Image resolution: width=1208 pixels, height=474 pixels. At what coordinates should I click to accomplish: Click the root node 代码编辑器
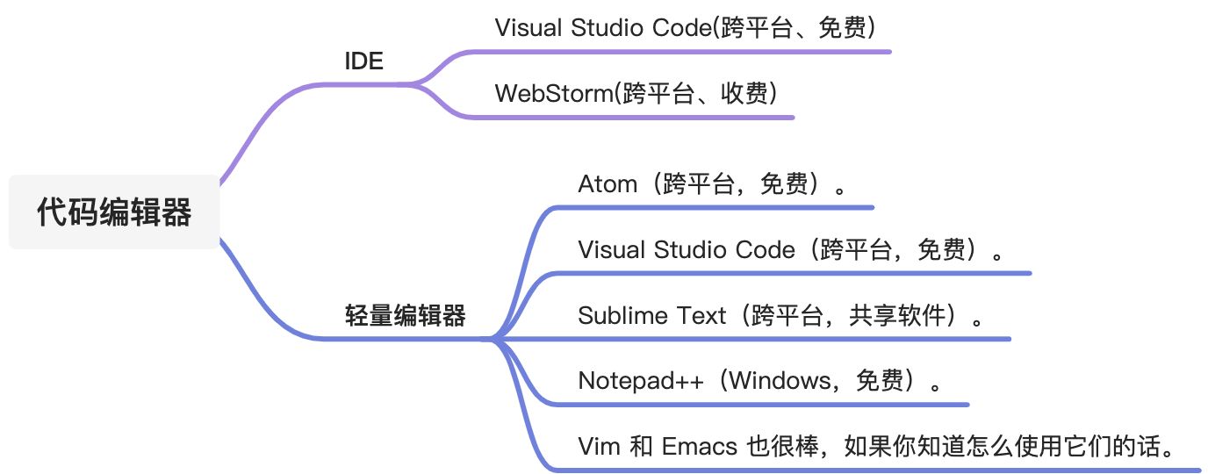[114, 212]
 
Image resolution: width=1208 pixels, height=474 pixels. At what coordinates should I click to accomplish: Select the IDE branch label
[363, 61]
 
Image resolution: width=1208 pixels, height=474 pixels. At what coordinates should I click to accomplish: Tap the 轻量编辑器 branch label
[406, 316]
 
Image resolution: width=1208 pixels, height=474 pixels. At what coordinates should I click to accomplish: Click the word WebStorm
[552, 93]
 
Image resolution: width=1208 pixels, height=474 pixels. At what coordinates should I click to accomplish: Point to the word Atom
[608, 184]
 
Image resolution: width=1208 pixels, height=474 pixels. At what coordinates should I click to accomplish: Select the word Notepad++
[641, 381]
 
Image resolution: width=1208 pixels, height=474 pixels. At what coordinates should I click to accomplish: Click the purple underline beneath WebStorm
[632, 117]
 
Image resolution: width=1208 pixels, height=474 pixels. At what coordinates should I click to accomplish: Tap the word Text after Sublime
[702, 315]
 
